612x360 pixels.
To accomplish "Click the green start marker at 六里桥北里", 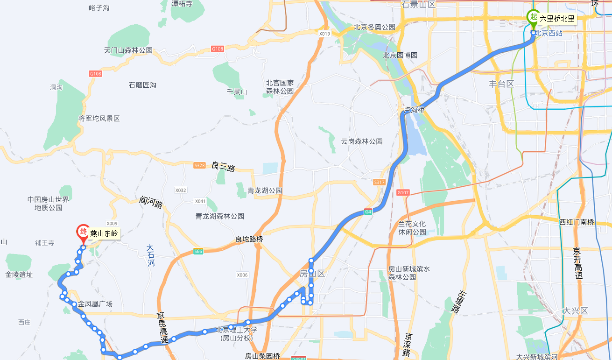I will click(533, 16).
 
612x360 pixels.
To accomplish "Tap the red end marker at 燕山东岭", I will click(84, 232).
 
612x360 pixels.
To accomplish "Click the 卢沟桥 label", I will click(414, 110).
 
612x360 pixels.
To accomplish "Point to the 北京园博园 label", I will click(400, 55).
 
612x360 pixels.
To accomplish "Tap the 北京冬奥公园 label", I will click(374, 27).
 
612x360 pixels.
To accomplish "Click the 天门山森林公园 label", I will click(128, 50).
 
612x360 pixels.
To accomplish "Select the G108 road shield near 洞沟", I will click(95, 74).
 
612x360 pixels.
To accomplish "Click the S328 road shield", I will click(199, 165).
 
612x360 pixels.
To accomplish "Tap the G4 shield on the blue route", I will click(368, 212).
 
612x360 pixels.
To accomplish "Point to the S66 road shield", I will click(198, 252).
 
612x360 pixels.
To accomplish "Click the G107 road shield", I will click(402, 192).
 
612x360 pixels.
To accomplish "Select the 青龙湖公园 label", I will click(265, 191).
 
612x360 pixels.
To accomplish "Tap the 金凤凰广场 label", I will click(95, 304).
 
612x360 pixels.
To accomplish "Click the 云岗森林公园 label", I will click(362, 141).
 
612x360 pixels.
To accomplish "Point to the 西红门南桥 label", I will click(577, 222).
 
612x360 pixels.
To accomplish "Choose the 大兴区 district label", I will click(575, 311).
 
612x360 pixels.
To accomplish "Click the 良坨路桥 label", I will click(249, 240).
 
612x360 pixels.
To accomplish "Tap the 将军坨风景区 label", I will click(99, 119).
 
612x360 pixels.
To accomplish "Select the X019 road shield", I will click(324, 34).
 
